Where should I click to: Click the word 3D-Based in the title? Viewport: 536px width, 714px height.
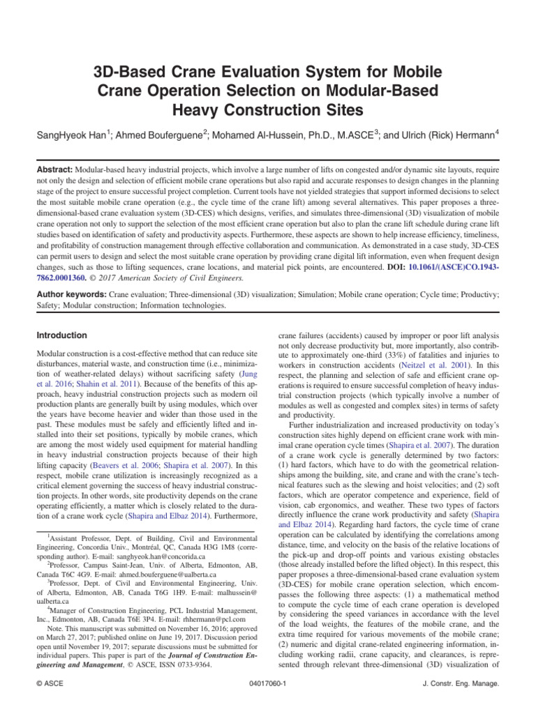pyautogui.click(x=130, y=72)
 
